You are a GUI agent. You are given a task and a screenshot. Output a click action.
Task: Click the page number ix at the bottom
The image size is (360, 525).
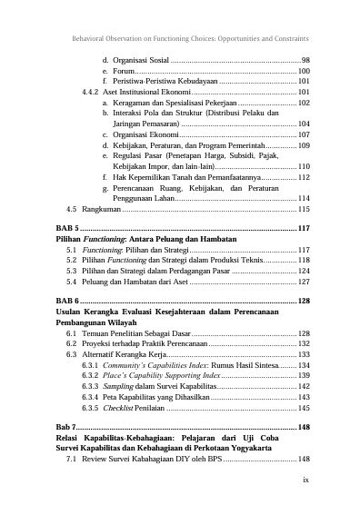coord(305,482)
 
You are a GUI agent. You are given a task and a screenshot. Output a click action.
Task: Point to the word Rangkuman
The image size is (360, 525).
coord(97,209)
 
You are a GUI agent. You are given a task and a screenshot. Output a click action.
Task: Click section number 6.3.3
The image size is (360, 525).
coord(91,385)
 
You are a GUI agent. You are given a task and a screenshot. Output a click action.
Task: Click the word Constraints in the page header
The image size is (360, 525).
coord(290,39)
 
